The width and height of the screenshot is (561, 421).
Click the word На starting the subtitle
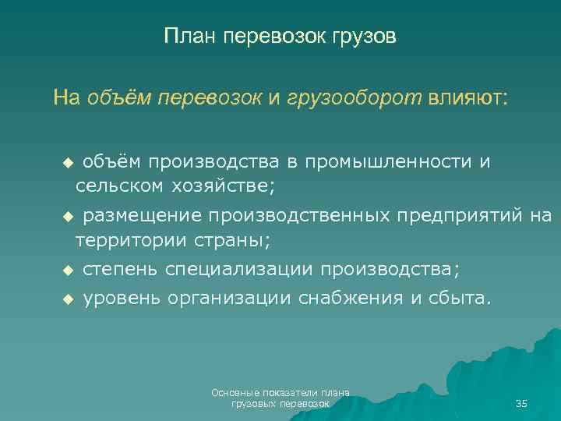coord(66,98)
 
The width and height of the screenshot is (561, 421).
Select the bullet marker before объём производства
coord(67,162)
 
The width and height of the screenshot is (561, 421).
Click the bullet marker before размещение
coord(67,216)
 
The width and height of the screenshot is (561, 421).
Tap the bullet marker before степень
coord(67,270)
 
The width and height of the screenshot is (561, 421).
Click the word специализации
coord(238,269)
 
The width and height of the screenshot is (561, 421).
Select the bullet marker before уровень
coord(67,298)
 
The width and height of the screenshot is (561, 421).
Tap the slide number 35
coord(521,403)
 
